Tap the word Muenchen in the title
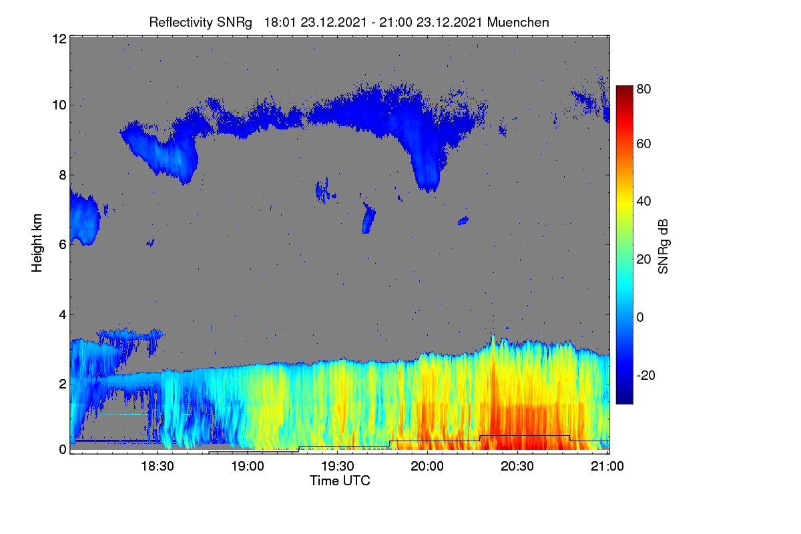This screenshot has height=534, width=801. click(518, 23)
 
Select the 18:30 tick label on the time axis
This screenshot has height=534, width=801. click(158, 467)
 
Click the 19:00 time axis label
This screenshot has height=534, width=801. click(248, 467)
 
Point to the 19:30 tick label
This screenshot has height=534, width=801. click(338, 467)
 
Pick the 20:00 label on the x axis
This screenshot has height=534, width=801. click(427, 467)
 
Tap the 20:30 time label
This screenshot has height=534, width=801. click(517, 467)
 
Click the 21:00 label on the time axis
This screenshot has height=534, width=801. click(607, 467)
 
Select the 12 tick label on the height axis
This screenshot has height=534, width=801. click(59, 39)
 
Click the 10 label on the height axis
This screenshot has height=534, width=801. click(59, 105)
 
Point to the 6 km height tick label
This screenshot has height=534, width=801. click(63, 245)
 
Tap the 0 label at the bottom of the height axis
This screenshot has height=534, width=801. click(63, 450)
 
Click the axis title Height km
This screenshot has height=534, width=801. click(37, 243)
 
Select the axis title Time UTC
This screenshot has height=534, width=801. click(340, 481)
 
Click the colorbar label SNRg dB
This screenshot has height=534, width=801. click(663, 247)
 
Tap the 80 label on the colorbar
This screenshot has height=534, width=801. click(643, 89)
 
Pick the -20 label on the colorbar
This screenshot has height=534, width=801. click(646, 376)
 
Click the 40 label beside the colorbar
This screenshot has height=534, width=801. click(643, 202)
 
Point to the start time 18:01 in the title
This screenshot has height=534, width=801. click(280, 23)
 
